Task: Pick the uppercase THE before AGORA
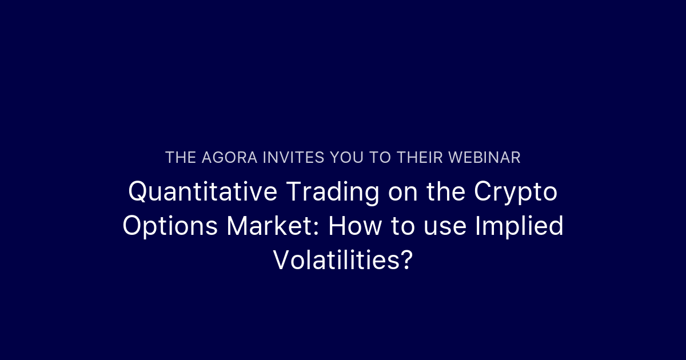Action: (181, 158)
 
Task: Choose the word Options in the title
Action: (170, 226)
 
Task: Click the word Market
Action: (268, 226)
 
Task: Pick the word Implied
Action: (519, 227)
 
